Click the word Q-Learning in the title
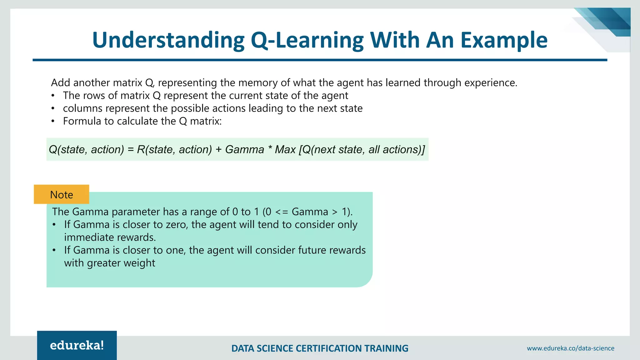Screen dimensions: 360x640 [x=307, y=40]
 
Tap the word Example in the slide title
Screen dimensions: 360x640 [x=504, y=40]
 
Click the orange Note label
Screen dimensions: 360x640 [x=62, y=195]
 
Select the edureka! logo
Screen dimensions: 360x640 [x=77, y=345]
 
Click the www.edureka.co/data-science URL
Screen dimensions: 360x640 [x=570, y=348]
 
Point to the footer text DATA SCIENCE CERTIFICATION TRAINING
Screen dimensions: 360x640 [x=320, y=348]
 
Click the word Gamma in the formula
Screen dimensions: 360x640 [x=244, y=149]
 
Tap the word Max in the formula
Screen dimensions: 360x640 [x=285, y=149]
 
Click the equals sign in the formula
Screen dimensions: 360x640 [x=130, y=149]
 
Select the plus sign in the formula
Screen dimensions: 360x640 [x=218, y=149]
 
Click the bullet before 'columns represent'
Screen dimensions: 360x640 [x=53, y=108]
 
